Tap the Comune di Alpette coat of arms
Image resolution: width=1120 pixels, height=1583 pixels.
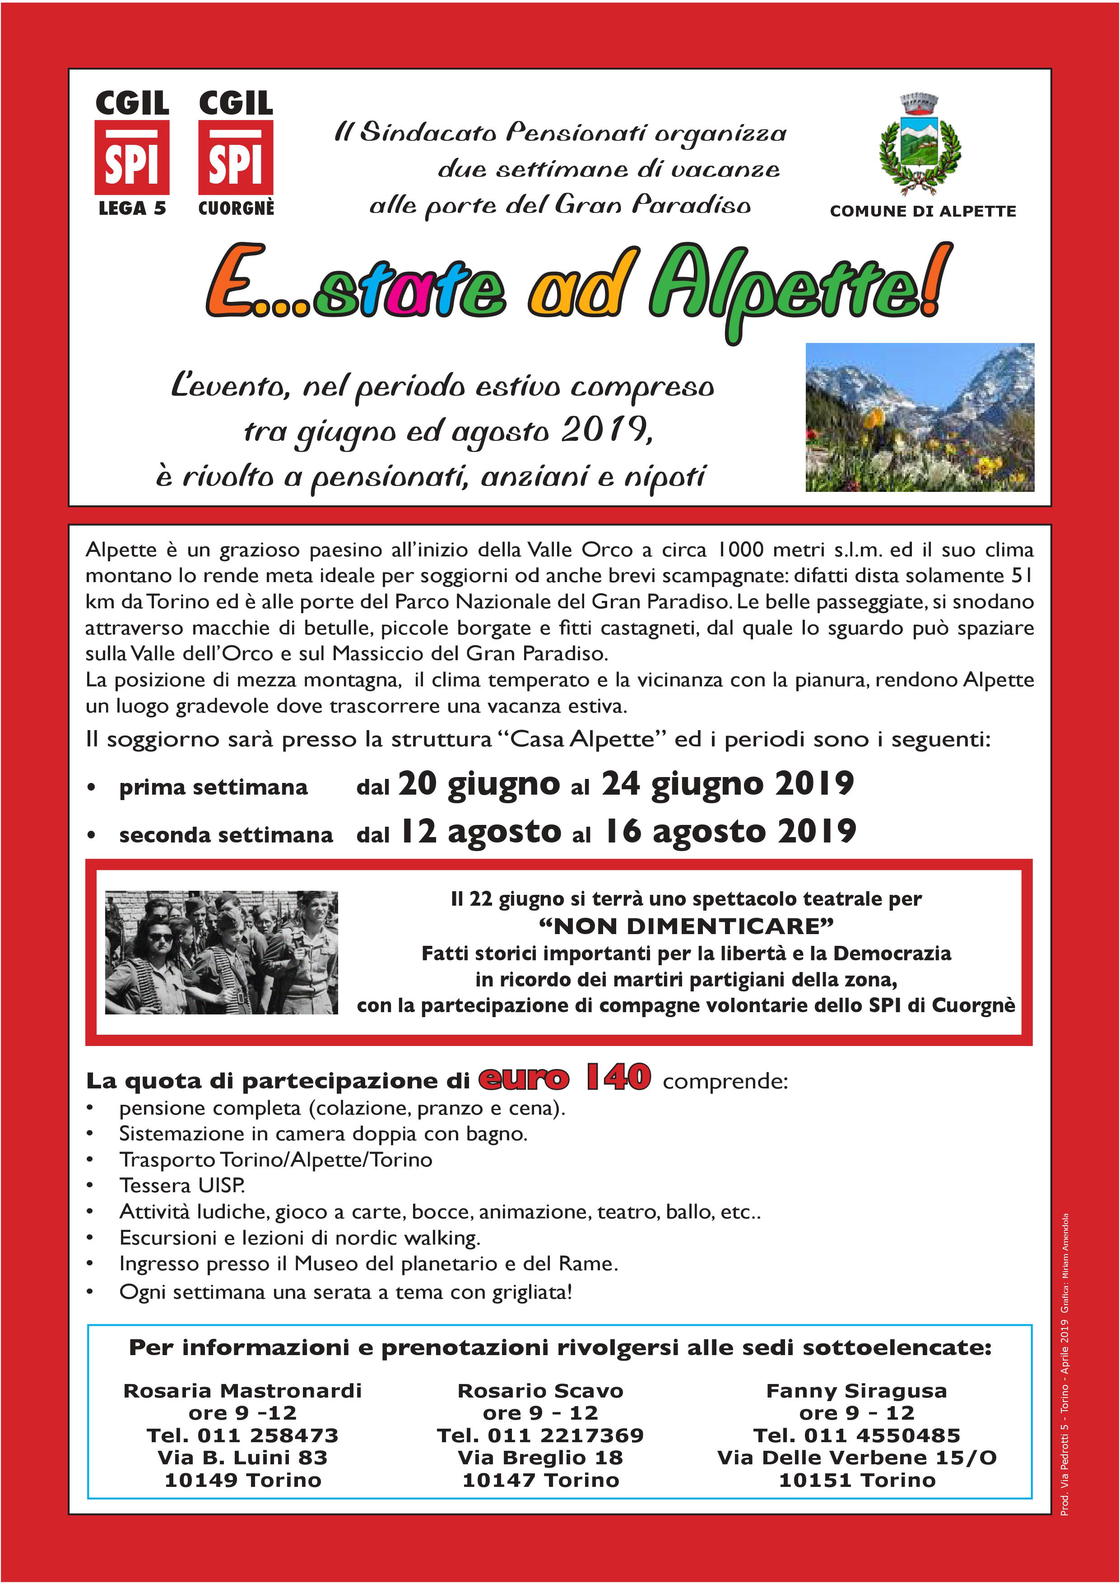pos(920,145)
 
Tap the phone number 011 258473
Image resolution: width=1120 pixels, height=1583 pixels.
pos(268,1435)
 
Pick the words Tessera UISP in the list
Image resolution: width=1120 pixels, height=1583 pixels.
pos(181,1185)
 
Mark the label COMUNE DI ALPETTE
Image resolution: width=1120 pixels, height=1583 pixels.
pos(923,211)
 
